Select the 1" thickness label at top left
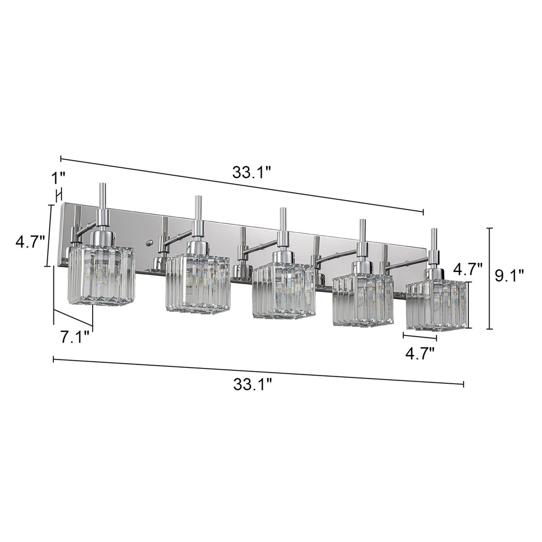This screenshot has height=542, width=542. [x=59, y=175]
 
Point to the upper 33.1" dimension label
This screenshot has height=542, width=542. [x=252, y=172]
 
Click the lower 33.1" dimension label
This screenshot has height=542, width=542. [x=252, y=384]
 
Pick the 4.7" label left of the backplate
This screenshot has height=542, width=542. [x=29, y=242]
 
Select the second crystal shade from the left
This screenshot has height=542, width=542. [x=197, y=283]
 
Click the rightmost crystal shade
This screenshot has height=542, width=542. [x=436, y=306]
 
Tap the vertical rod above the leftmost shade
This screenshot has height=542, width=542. [x=102, y=197]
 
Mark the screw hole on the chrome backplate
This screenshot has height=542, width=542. [x=149, y=244]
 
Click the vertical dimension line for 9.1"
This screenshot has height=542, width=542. [x=490, y=278]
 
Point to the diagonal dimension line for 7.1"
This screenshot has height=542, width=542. [x=73, y=317]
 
